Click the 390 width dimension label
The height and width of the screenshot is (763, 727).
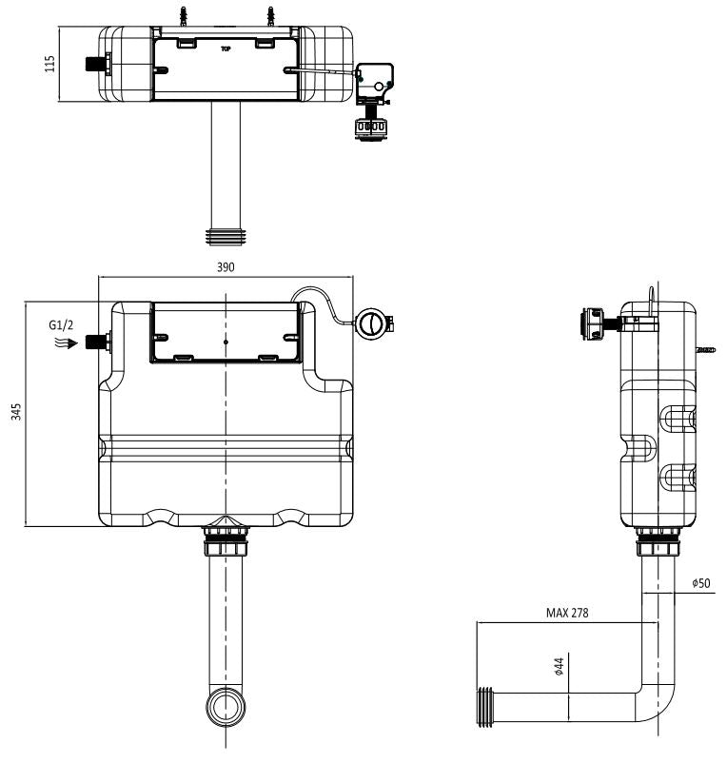tap(226, 268)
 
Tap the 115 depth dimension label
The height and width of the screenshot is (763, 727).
tap(50, 64)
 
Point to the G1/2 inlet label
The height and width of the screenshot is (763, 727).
tap(60, 324)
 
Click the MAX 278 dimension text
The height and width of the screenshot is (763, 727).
tap(567, 613)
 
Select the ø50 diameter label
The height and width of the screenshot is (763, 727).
tap(701, 582)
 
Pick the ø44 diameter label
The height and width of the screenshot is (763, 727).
tap(560, 668)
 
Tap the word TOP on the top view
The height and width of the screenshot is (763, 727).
tap(226, 47)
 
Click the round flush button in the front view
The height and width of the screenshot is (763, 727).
tap(372, 323)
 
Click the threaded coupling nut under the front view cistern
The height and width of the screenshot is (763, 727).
tap(226, 546)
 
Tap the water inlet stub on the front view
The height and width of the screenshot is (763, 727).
tap(95, 341)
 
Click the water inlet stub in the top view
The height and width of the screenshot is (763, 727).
tap(95, 65)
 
